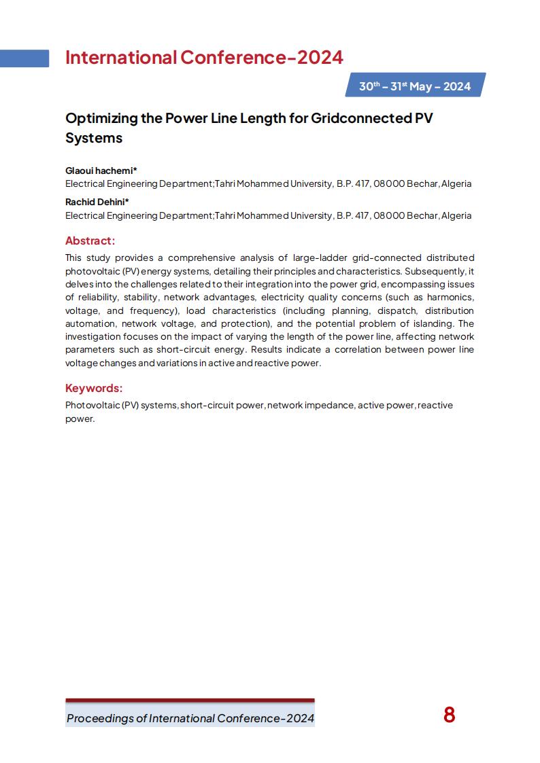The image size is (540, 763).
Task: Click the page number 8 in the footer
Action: click(449, 715)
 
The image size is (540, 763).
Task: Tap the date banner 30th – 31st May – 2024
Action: click(415, 86)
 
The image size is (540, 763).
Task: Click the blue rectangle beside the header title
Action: click(24, 58)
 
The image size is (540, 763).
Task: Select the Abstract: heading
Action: click(90, 241)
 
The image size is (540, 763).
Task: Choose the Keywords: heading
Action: click(94, 388)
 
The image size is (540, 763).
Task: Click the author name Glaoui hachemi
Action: click(99, 171)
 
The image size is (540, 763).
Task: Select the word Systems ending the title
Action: click(94, 138)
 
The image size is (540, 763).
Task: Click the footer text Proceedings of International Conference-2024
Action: click(190, 719)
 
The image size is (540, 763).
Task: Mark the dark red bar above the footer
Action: click(190, 700)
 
